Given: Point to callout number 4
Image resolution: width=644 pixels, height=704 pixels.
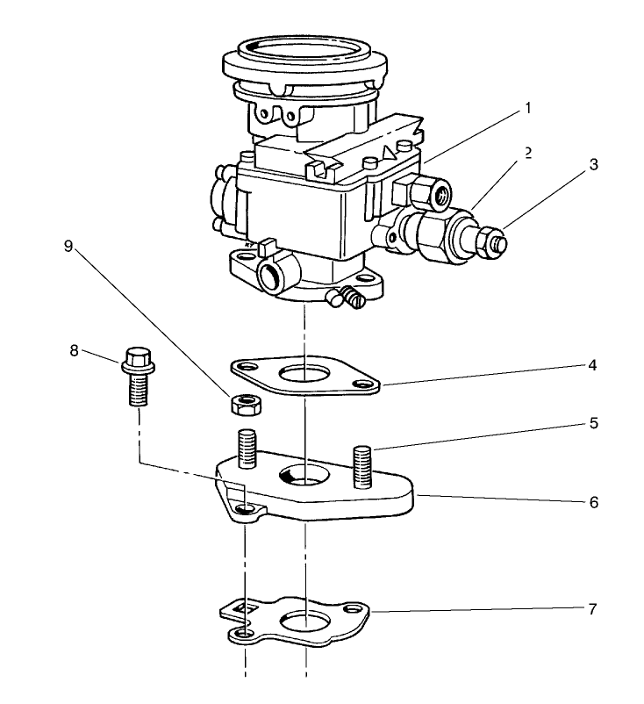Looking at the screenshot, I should [594, 364].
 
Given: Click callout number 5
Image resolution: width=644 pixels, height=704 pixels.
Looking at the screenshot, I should [594, 424].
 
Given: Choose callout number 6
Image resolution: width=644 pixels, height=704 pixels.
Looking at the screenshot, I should [594, 502].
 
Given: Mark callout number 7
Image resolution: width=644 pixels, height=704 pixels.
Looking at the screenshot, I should [594, 607].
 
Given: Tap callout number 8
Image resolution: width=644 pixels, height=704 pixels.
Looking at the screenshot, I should [75, 350].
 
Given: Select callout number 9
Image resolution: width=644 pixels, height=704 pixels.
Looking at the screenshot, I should [69, 247].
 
